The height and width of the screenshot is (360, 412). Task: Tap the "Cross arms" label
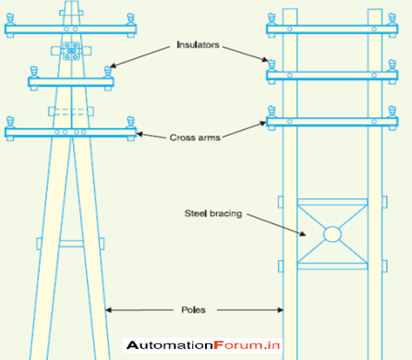(x=193, y=138)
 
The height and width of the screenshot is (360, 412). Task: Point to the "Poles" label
(x=194, y=309)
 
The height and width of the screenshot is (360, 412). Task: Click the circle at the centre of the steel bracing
(x=333, y=234)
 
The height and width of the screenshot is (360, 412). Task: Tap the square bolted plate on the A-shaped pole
(x=71, y=50)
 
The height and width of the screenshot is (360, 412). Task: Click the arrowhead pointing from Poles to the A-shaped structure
(x=109, y=309)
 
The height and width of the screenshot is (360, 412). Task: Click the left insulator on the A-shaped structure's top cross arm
(x=13, y=18)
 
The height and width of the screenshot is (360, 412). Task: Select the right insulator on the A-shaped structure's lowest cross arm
(x=129, y=121)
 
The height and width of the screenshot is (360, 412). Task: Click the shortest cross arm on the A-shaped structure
(x=71, y=82)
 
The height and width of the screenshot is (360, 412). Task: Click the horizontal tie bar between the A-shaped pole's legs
(x=71, y=244)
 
